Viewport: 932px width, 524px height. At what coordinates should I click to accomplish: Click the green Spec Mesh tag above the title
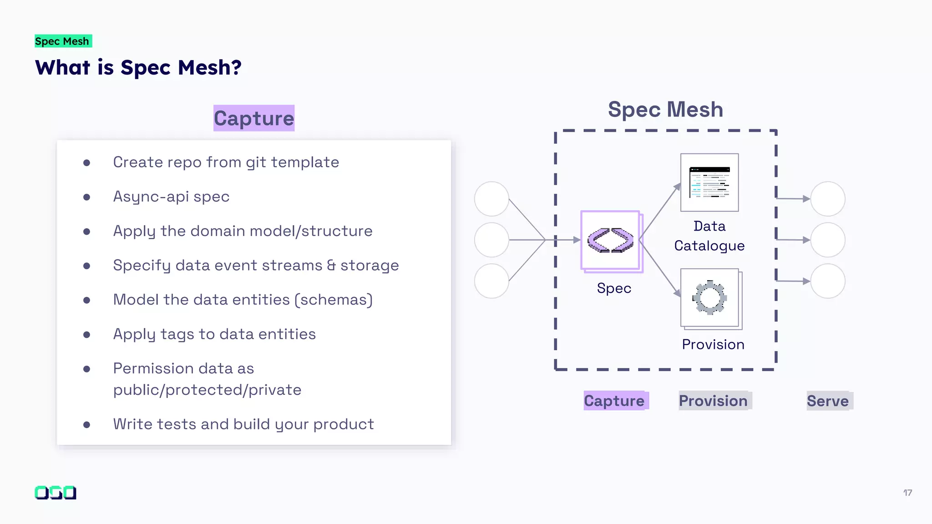coord(63,41)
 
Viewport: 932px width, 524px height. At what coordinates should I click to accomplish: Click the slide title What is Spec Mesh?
coord(138,68)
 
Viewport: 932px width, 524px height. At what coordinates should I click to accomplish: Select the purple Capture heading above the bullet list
coord(254,118)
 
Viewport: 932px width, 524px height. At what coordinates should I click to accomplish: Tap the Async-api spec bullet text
coord(171,196)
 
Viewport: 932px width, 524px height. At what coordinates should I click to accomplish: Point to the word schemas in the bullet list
coord(334,300)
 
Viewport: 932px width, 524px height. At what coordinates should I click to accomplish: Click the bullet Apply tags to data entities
coord(214,334)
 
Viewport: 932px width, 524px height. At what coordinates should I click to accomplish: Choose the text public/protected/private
coord(207,390)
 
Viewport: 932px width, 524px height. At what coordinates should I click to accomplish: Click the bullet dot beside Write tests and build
coord(86,425)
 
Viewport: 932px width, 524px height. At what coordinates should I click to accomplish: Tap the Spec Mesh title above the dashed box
coord(665,110)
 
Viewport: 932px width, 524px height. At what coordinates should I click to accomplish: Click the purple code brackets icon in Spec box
coord(610,240)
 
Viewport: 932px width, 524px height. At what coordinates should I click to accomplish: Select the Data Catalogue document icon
coord(709,182)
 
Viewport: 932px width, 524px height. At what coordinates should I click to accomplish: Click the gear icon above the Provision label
coord(709,298)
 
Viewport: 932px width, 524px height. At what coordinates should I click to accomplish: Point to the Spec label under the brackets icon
coord(614,288)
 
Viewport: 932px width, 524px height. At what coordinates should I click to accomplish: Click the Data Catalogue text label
coord(709,236)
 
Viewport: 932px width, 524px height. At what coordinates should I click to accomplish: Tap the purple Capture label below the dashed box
coord(614,401)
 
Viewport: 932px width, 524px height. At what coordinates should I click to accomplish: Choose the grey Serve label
coord(828,401)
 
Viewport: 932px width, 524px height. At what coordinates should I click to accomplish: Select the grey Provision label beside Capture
coord(713,401)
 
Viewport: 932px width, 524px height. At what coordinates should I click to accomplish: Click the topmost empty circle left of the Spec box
coord(491,199)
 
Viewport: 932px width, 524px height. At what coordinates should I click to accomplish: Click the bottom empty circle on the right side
coord(828,281)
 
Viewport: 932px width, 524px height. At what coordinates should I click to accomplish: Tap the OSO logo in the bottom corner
coord(56,493)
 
